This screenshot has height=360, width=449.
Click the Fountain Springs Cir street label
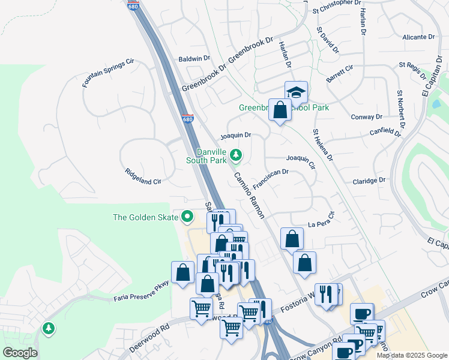tap(109, 73)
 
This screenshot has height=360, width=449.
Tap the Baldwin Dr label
tap(194, 59)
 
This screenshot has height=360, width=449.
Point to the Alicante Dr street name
tap(418, 37)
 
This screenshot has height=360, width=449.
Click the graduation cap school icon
tap(296, 92)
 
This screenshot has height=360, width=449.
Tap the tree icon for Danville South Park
tap(237, 155)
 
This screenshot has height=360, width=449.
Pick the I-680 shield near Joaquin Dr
tap(187, 119)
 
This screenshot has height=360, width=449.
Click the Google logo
tap(20, 352)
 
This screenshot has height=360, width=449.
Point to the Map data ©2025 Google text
tap(411, 355)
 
